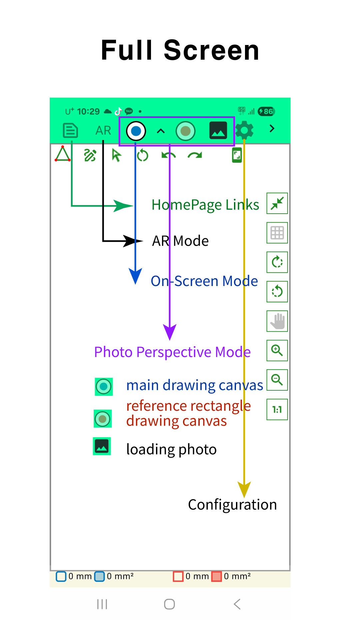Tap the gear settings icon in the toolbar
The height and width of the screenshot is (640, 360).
point(244,130)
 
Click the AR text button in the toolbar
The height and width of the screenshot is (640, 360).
point(103,130)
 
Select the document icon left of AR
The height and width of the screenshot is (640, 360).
point(70,130)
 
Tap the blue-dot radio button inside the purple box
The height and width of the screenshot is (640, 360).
point(136,131)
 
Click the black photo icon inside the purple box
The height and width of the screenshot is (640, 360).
point(218,130)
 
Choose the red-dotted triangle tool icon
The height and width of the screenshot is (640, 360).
point(63,154)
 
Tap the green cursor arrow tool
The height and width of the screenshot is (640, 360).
point(116,155)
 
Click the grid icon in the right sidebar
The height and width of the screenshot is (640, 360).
point(277,233)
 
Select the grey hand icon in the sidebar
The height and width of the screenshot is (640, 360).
point(277,321)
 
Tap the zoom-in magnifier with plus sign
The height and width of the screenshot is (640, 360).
point(277,350)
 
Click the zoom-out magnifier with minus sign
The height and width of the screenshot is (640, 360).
point(277,380)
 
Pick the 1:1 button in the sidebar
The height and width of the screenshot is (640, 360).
point(277,409)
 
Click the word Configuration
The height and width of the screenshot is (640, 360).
point(232,505)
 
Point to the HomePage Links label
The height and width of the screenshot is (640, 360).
point(205,205)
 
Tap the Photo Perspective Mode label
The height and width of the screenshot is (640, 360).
point(172,352)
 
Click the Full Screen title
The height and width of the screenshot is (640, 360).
point(180,50)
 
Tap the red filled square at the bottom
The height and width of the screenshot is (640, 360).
point(217,576)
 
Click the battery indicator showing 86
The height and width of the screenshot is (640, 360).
point(266,111)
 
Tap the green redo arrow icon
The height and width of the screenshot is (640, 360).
point(195,155)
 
